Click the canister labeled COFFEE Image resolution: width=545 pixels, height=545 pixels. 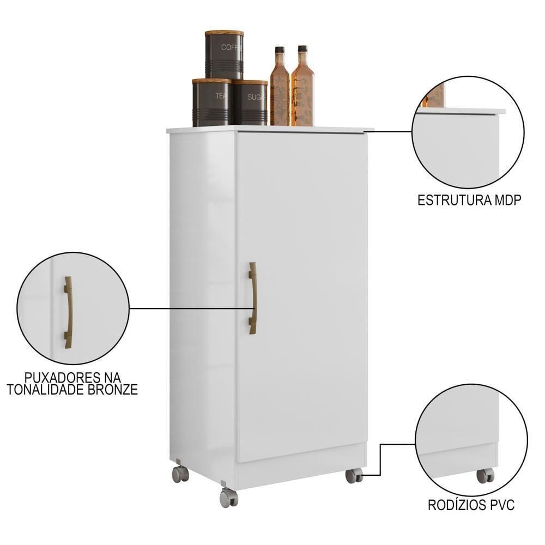(x=224, y=56)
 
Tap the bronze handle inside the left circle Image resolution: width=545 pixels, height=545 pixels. (x=68, y=311)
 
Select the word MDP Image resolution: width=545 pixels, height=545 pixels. (x=507, y=200)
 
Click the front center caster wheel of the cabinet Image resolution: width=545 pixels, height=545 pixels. (x=228, y=497)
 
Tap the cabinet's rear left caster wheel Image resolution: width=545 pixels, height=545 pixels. (x=180, y=474)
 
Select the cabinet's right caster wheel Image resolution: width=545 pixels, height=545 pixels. (x=353, y=475)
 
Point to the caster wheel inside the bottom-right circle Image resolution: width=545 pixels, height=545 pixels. (x=485, y=475)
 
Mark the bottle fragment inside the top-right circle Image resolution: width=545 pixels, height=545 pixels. (x=436, y=95)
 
